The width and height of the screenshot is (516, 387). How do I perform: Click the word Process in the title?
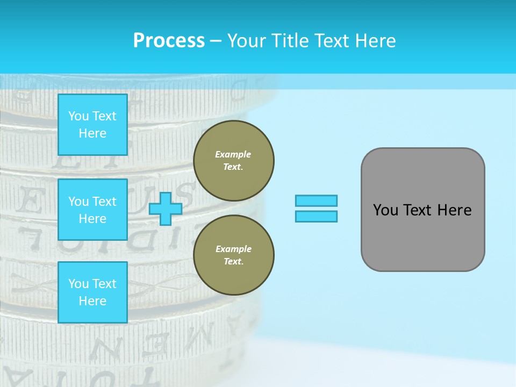click(169, 41)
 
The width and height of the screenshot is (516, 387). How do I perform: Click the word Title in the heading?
click(289, 41)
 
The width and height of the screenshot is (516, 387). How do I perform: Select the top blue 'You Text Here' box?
click(92, 125)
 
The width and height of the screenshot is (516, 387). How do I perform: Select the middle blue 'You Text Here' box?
click(92, 210)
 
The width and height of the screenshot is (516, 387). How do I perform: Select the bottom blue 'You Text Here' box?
click(92, 292)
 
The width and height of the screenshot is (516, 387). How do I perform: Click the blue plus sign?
click(166, 209)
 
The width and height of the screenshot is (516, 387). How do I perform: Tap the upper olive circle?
click(233, 160)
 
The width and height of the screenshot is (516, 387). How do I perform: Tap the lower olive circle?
click(233, 255)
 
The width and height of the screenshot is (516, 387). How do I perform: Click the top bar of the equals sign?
click(316, 201)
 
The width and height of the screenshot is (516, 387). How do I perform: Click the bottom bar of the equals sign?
click(316, 216)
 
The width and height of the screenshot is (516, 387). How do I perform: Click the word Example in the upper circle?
click(233, 154)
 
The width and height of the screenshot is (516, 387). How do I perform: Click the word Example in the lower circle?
click(233, 249)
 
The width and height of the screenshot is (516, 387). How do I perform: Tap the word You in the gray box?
click(385, 210)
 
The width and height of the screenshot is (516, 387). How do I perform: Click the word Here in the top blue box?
click(92, 133)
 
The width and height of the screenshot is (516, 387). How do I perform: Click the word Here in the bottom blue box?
click(92, 301)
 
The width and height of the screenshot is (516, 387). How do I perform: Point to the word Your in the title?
click(247, 41)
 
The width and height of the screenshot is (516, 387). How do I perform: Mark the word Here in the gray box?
click(454, 210)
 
